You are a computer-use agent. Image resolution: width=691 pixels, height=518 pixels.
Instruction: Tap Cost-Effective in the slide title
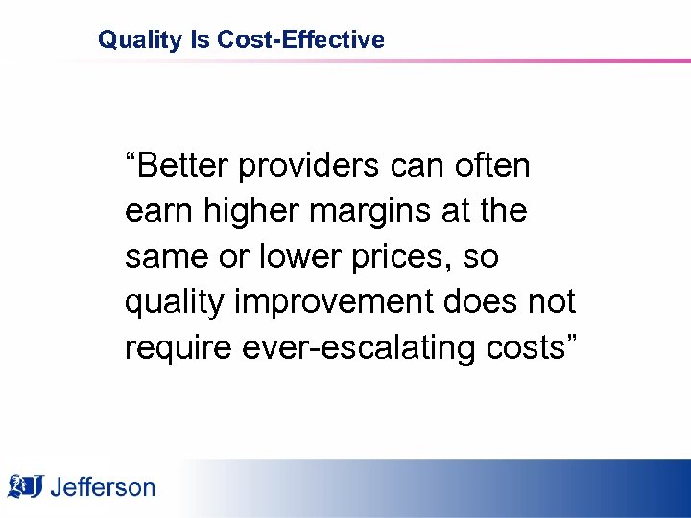click(x=301, y=40)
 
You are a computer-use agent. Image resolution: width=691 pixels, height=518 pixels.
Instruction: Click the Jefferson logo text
click(x=103, y=487)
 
